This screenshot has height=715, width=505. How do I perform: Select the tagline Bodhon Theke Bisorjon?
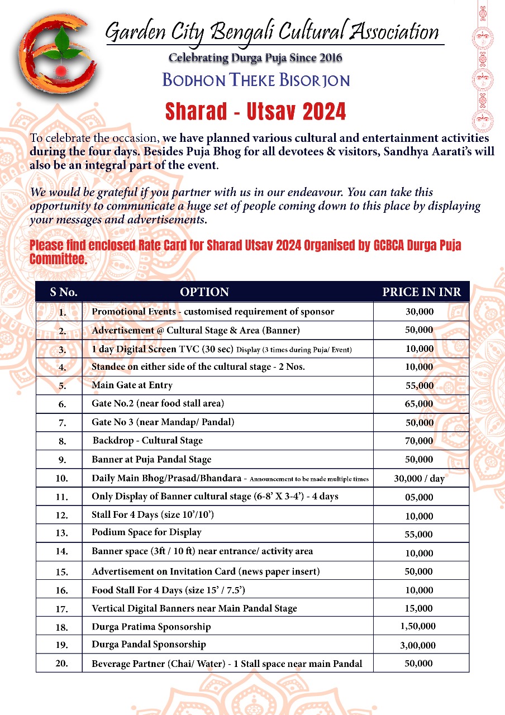point(256,80)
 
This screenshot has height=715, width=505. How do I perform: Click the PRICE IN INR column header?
point(421,292)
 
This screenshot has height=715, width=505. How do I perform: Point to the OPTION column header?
point(204,292)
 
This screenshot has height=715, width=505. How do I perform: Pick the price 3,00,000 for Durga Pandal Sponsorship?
point(418,645)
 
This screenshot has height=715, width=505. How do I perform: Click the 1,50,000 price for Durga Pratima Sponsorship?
point(418,626)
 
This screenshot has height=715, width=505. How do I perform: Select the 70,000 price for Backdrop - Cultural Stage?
point(419,441)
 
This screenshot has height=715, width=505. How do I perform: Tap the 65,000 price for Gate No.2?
point(419,403)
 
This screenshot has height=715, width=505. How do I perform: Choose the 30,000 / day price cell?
point(420,478)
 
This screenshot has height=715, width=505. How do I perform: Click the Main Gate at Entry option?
point(132,385)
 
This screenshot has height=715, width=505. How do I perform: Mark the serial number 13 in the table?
point(62,533)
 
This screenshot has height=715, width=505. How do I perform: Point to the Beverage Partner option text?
point(227,664)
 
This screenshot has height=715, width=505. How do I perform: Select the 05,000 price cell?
point(419,497)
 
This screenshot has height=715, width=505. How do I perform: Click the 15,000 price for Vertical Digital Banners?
point(419,608)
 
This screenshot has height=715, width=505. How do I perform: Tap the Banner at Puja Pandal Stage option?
point(151,460)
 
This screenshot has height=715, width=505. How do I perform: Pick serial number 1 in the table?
point(63,312)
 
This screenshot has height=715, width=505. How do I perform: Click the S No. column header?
point(64,292)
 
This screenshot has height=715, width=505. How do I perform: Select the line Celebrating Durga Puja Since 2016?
point(255,58)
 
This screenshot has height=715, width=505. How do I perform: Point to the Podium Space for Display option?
point(146,532)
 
